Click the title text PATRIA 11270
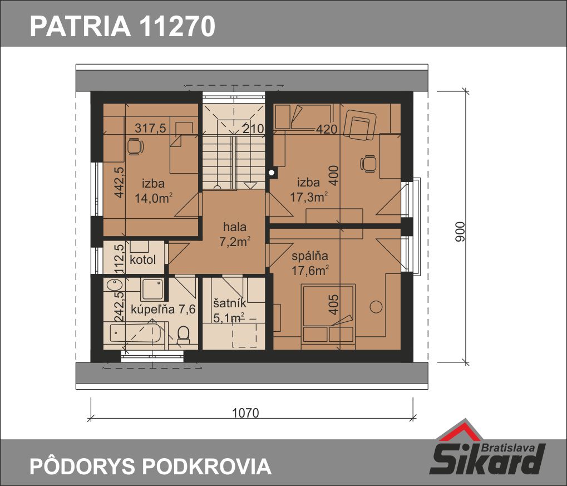click(x=122, y=26)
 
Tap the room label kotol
click(x=142, y=259)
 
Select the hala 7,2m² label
click(x=235, y=234)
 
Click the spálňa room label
click(x=310, y=256)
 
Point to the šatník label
click(x=230, y=303)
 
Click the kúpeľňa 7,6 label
click(x=163, y=309)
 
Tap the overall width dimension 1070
click(x=245, y=413)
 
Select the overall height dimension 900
click(x=460, y=232)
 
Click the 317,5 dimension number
click(x=150, y=128)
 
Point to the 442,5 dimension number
click(x=119, y=182)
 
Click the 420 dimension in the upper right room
click(x=327, y=129)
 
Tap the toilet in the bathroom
click(x=184, y=335)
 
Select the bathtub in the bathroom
click(x=135, y=333)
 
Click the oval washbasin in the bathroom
click(x=115, y=284)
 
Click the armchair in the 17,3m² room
click(x=359, y=125)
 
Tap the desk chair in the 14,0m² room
click(x=135, y=147)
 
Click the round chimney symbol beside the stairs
click(x=271, y=173)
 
